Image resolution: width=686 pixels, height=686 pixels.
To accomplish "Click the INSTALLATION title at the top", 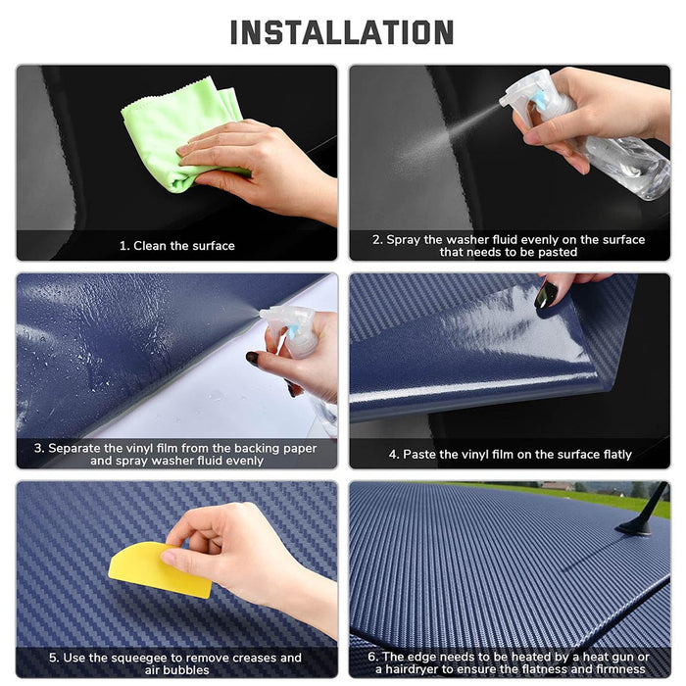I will [x=342, y=32].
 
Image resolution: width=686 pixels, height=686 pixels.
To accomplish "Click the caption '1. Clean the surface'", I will [x=176, y=246].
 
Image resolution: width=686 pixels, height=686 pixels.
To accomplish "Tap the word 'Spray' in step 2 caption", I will [x=403, y=239].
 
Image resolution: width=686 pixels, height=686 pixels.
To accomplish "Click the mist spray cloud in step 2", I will [x=441, y=142].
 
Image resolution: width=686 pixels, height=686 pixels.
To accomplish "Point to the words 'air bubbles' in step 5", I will [x=176, y=671].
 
